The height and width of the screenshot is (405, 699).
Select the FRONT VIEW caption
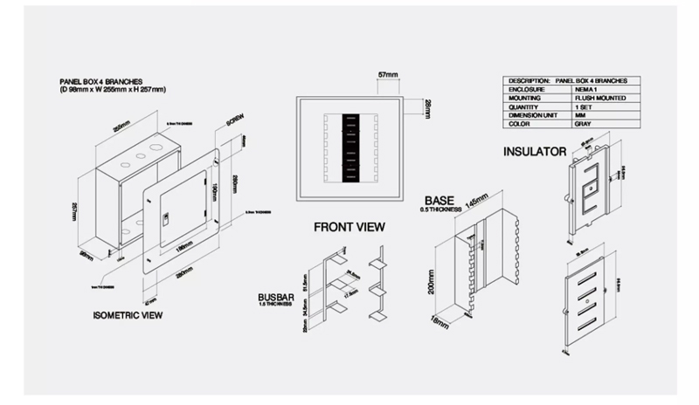(349, 227)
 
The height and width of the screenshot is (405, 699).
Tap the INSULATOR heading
(535, 152)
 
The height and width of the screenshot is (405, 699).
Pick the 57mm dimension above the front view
(390, 75)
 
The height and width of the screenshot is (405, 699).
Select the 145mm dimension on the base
(476, 200)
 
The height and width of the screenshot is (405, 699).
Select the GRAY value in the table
(582, 124)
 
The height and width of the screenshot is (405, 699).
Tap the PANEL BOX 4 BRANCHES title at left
(95, 80)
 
